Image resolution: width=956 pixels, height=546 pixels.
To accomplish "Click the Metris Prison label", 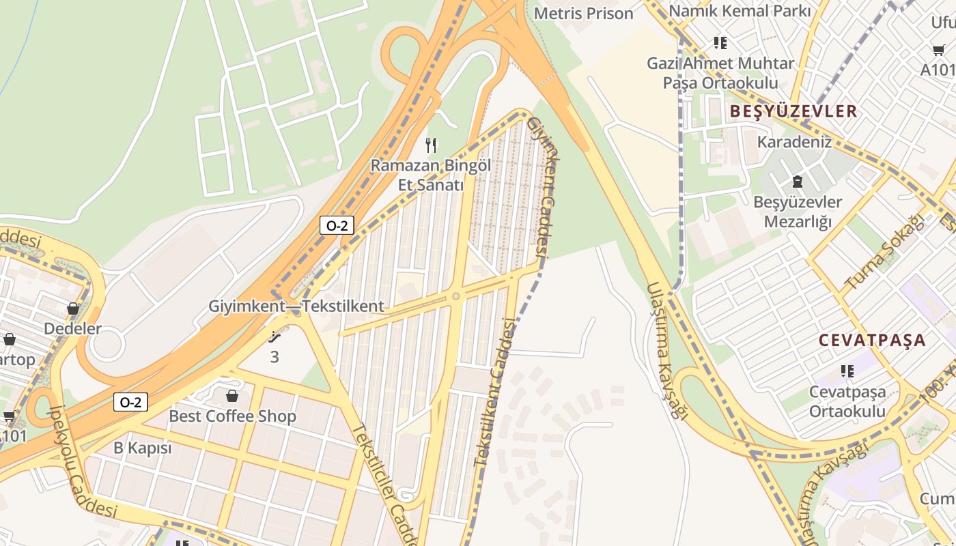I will coord(583,13).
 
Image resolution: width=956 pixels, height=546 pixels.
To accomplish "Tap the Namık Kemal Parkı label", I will coord(740,11).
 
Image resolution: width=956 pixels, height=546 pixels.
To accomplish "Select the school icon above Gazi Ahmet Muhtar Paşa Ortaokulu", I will coord(720,43).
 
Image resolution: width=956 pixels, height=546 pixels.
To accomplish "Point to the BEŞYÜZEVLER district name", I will coord(793,111).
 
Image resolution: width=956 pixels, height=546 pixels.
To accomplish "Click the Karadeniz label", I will coord(794,142).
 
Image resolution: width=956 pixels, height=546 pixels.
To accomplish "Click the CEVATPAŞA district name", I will coord(872,340).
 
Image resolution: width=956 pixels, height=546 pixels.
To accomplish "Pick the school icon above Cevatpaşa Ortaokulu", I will coord(847,371).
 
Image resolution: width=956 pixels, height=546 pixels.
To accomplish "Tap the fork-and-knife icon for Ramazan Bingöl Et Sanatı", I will coord(430,145).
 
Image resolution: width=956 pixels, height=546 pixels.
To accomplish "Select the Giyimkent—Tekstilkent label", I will coord(296,306).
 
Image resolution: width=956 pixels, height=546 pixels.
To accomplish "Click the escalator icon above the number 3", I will coord(275,337).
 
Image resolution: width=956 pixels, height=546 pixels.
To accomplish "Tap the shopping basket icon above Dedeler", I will coord(73,308).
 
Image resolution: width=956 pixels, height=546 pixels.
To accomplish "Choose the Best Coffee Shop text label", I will coord(232,416).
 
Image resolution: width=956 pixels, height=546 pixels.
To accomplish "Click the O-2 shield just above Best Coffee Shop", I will coord(130,402).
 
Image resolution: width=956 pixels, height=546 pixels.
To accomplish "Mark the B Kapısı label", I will coord(142,448).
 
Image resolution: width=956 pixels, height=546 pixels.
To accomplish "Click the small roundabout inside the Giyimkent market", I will coord(455,296).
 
